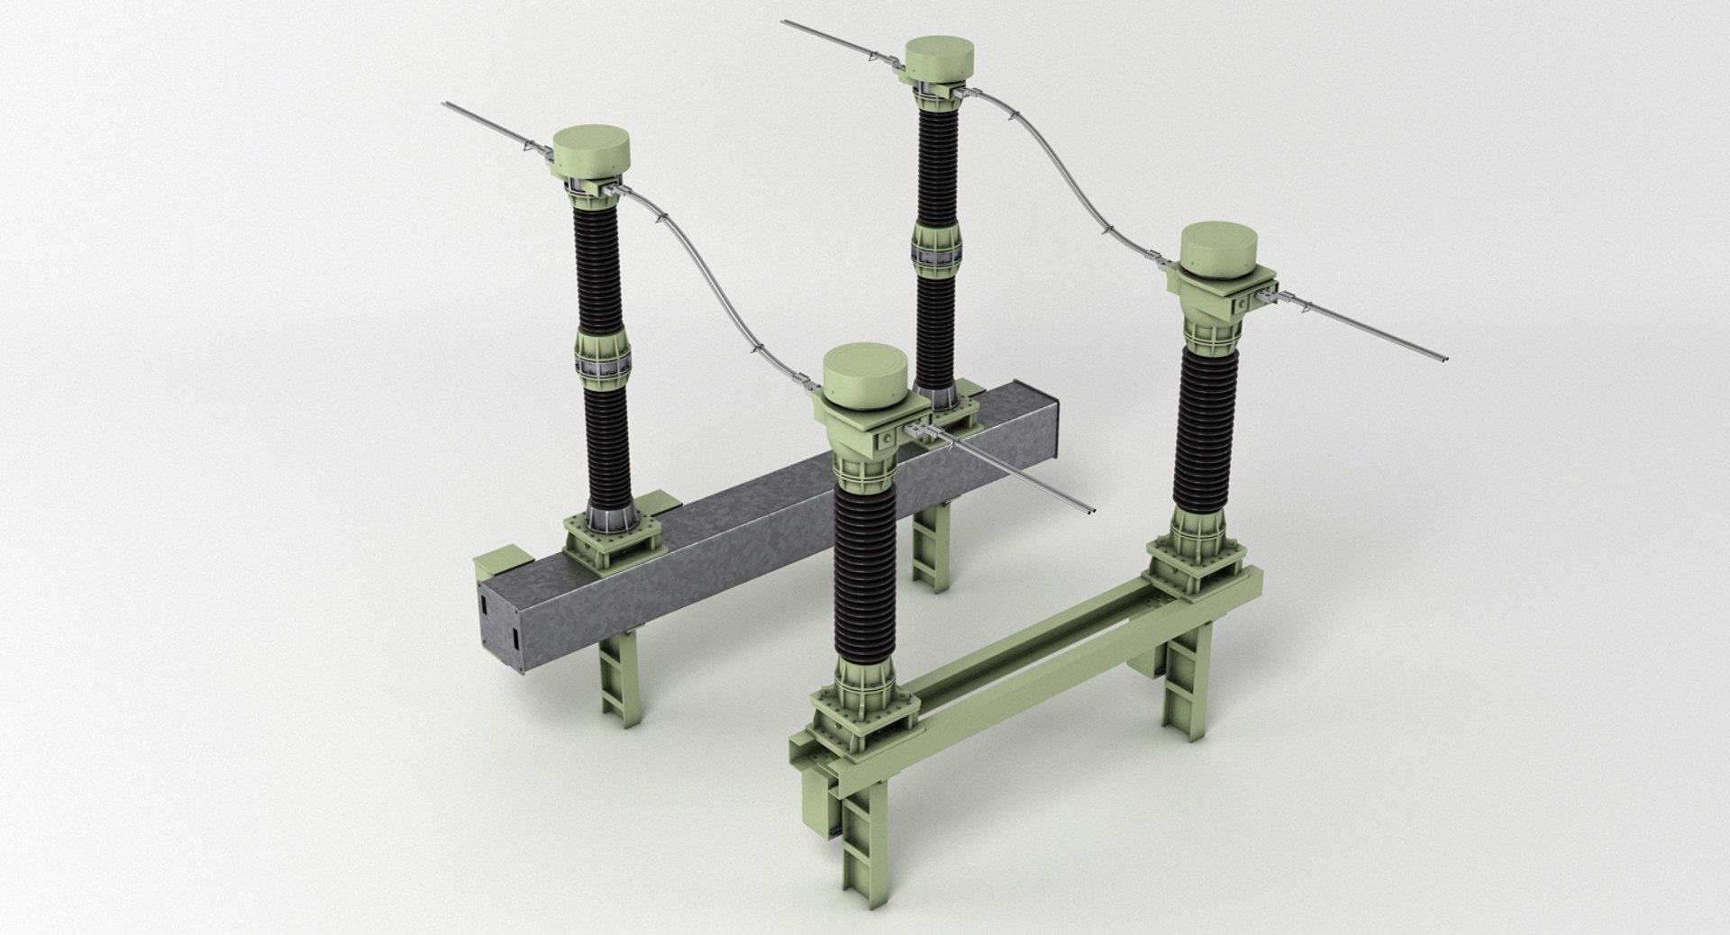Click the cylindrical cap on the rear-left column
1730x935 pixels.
[x=589, y=153]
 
